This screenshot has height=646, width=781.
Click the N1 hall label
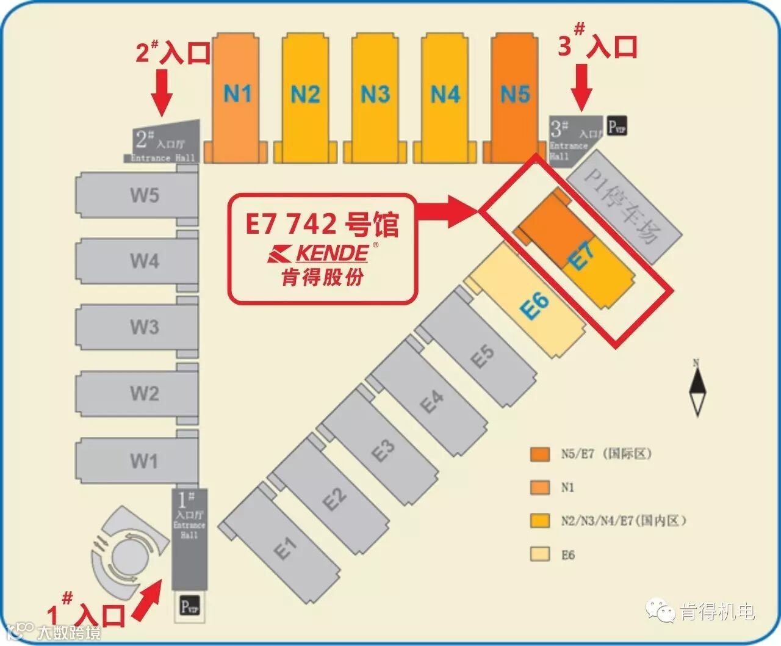click(237, 93)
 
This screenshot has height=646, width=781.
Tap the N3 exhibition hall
click(375, 95)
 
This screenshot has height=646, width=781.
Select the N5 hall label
click(515, 94)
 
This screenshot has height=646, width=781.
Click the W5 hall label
click(144, 195)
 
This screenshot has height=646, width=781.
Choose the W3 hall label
click(144, 327)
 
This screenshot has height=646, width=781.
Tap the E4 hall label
click(432, 402)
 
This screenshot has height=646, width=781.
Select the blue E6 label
click(535, 305)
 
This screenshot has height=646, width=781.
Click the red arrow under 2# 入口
click(162, 92)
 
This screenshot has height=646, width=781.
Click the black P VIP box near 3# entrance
click(617, 126)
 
